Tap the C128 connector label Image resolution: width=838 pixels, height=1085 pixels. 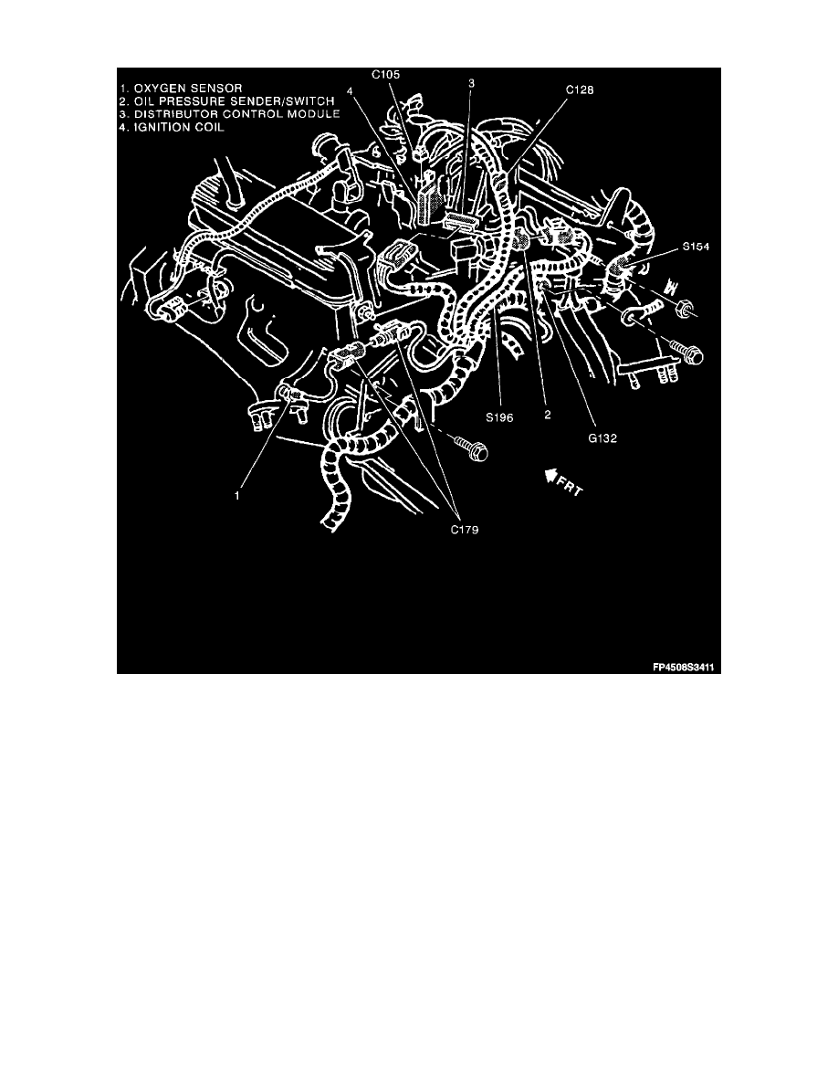point(581,90)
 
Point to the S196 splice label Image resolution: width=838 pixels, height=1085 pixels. point(500,416)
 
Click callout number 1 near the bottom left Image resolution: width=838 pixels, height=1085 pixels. point(237,497)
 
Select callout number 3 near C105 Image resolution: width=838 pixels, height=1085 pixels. point(472,84)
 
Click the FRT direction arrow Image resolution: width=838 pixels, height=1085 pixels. point(550,475)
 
